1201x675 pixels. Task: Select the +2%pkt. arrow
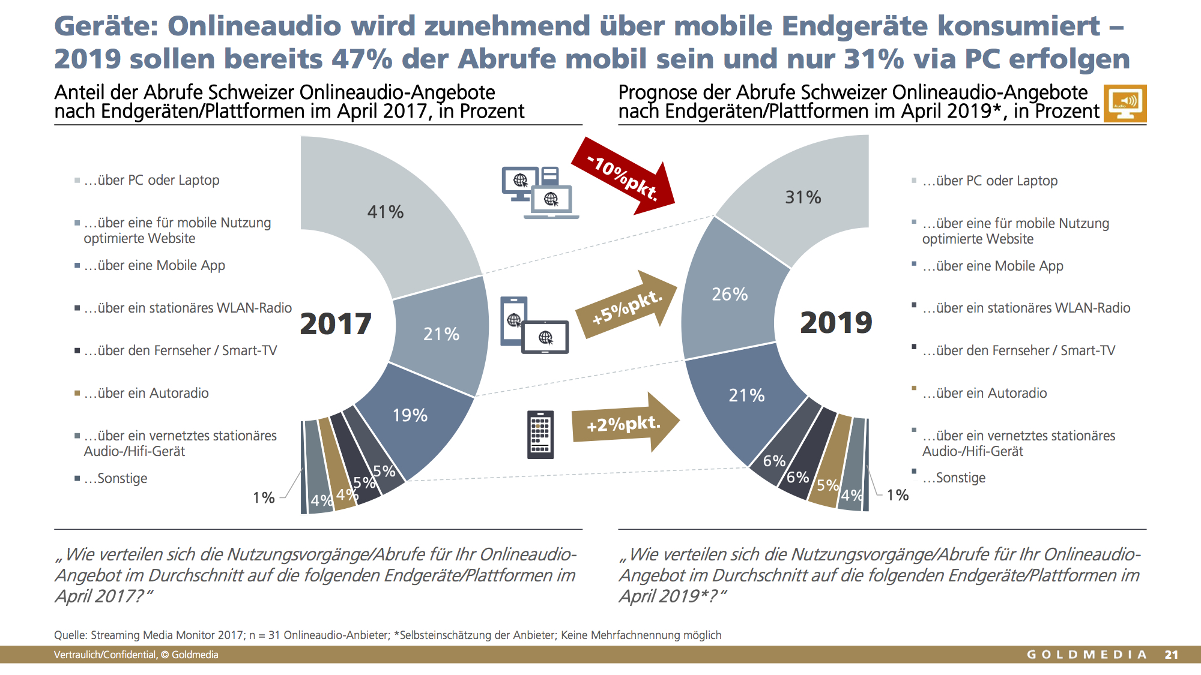[x=625, y=422]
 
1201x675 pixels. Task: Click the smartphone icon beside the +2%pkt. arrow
[x=540, y=434]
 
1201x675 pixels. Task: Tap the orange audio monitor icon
[x=1125, y=103]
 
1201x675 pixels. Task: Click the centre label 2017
[x=336, y=324]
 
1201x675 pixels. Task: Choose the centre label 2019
[x=836, y=323]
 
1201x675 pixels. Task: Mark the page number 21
[x=1171, y=655]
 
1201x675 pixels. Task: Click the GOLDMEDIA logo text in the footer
[x=1086, y=655]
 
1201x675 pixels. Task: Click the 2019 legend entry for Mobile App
[x=988, y=266]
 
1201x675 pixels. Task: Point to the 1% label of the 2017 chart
[x=264, y=497]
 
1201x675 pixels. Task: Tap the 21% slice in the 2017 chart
[x=441, y=334]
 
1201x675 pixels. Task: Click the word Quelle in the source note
[x=71, y=635]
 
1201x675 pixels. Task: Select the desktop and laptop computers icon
[x=540, y=193]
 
